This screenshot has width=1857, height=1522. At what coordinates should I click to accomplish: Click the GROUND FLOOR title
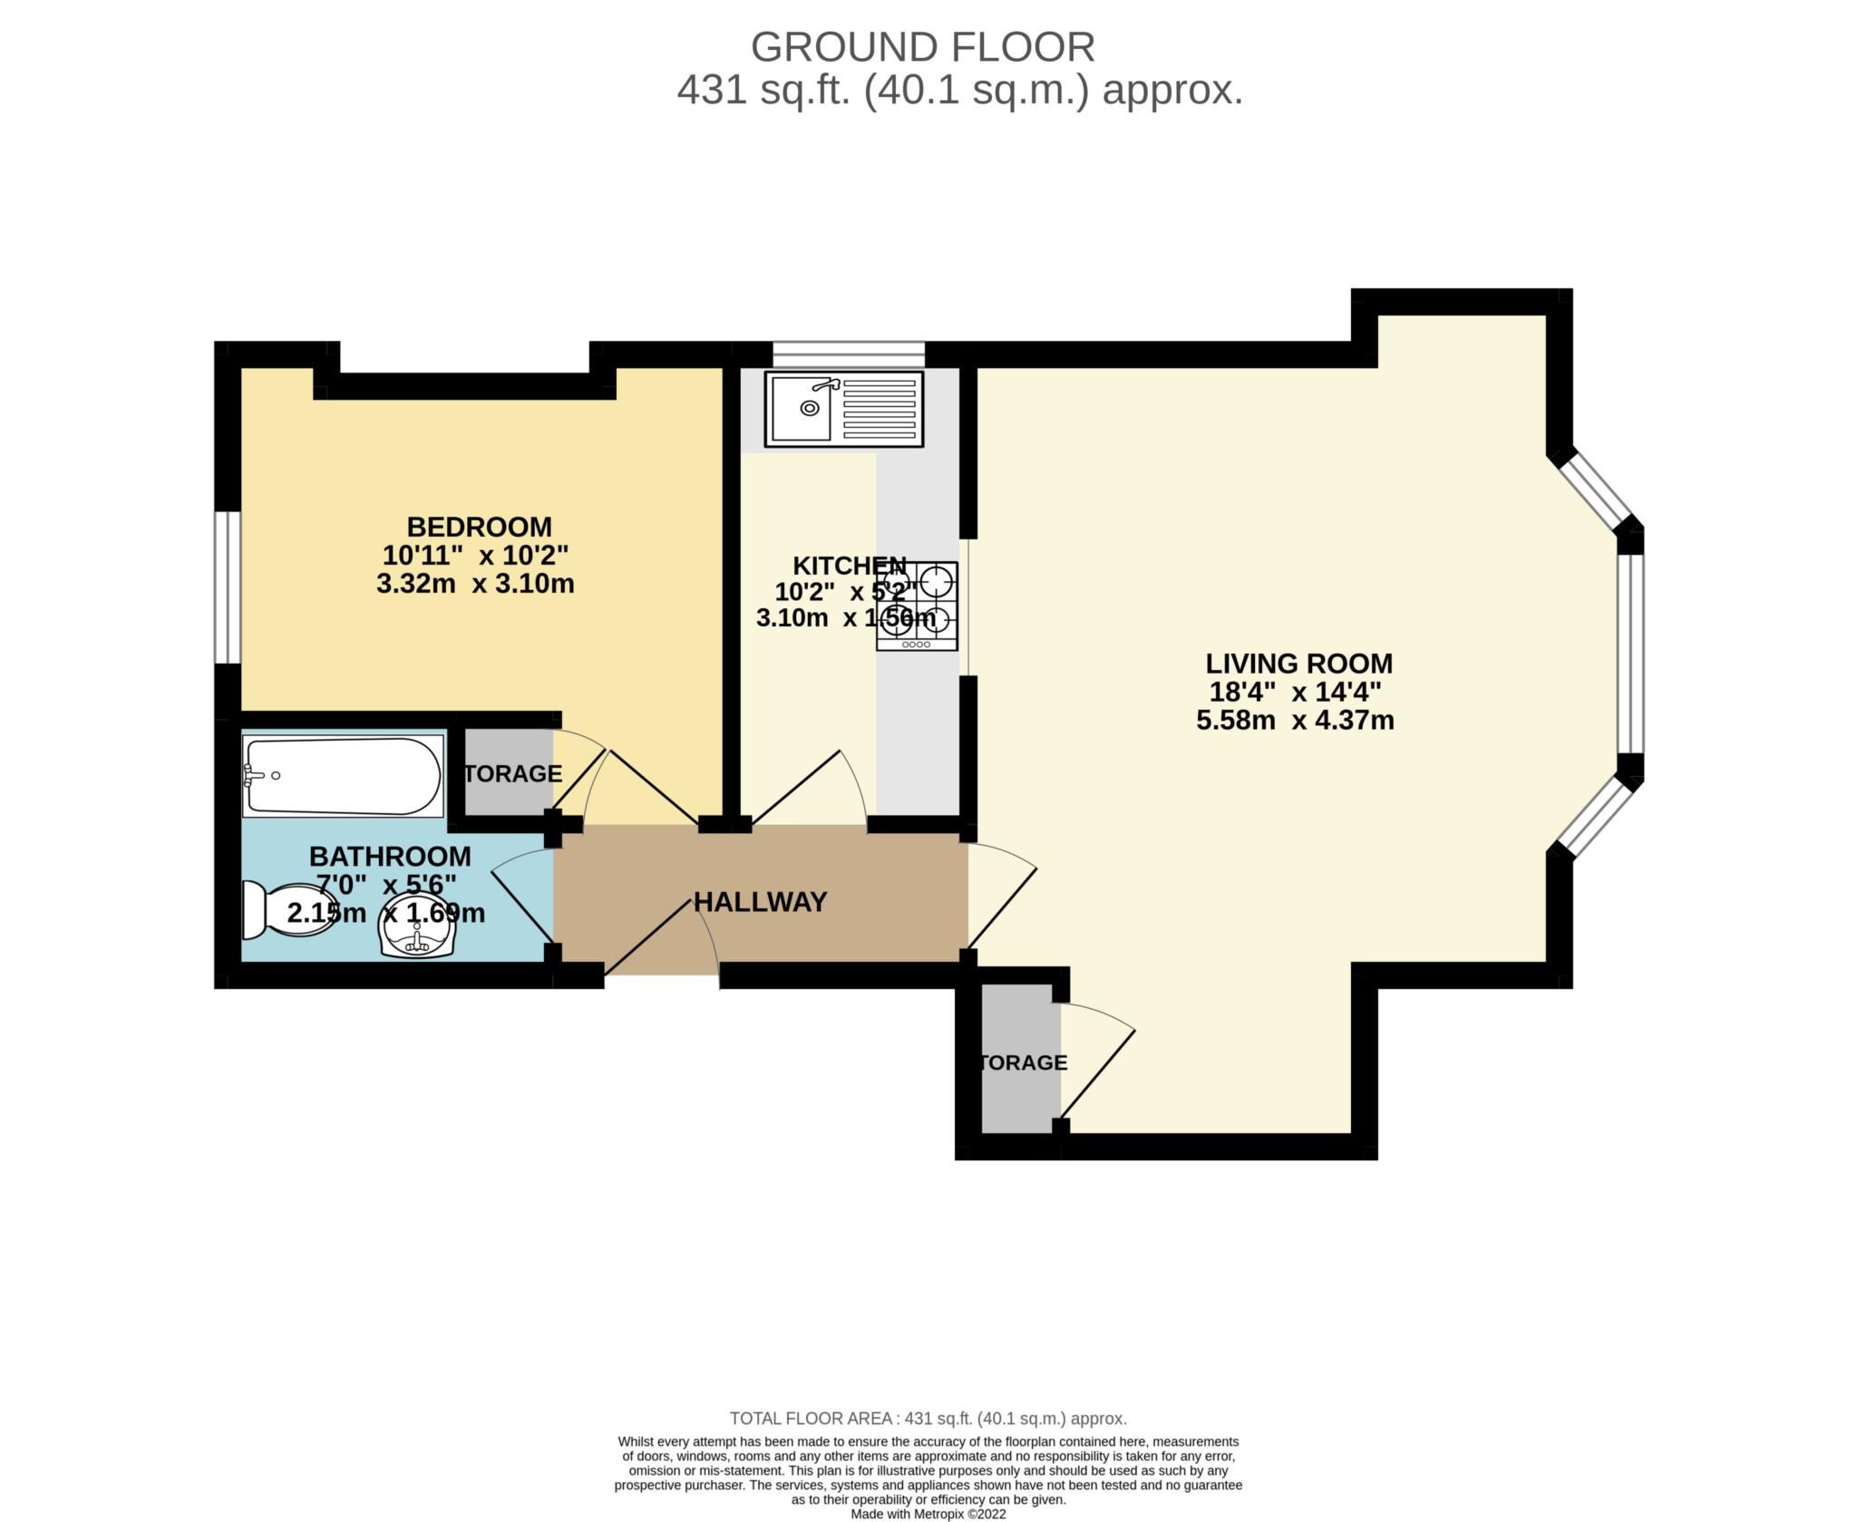pos(922,47)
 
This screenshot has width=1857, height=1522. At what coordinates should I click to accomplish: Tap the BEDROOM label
pos(479,527)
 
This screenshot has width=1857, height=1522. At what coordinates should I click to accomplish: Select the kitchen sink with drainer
pos(843,409)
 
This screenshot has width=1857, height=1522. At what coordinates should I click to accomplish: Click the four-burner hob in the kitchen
pos(917,606)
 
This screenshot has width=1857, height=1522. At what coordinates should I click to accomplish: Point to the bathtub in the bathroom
pos(342,775)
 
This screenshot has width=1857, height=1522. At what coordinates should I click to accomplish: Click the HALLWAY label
pos(760,902)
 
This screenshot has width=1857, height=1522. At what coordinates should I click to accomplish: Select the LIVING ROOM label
pos(1298,664)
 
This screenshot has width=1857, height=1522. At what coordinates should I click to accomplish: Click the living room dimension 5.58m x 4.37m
pos(1295,721)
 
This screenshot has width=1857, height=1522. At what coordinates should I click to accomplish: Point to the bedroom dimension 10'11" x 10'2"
pos(475,555)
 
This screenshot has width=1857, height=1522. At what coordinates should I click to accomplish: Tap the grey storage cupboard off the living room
pos(1021,1062)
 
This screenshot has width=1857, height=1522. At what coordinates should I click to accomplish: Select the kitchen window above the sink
pos(848,354)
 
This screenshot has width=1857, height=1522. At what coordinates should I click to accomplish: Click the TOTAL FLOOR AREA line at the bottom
pos(928,1419)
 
